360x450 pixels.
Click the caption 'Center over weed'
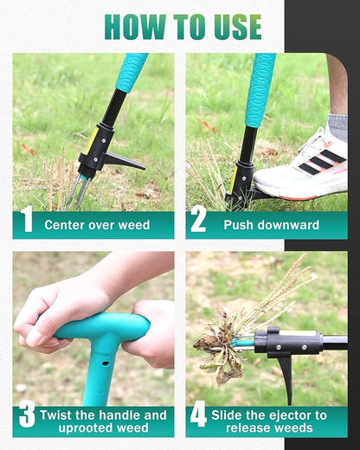coord(97,225)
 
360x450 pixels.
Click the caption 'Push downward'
coord(271,225)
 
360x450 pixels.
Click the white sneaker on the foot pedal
coord(299,164)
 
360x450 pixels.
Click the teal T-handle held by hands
coord(95,333)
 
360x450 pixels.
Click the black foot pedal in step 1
coord(121,161)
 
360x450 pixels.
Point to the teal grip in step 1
coord(132,72)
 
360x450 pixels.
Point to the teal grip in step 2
coord(260,87)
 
